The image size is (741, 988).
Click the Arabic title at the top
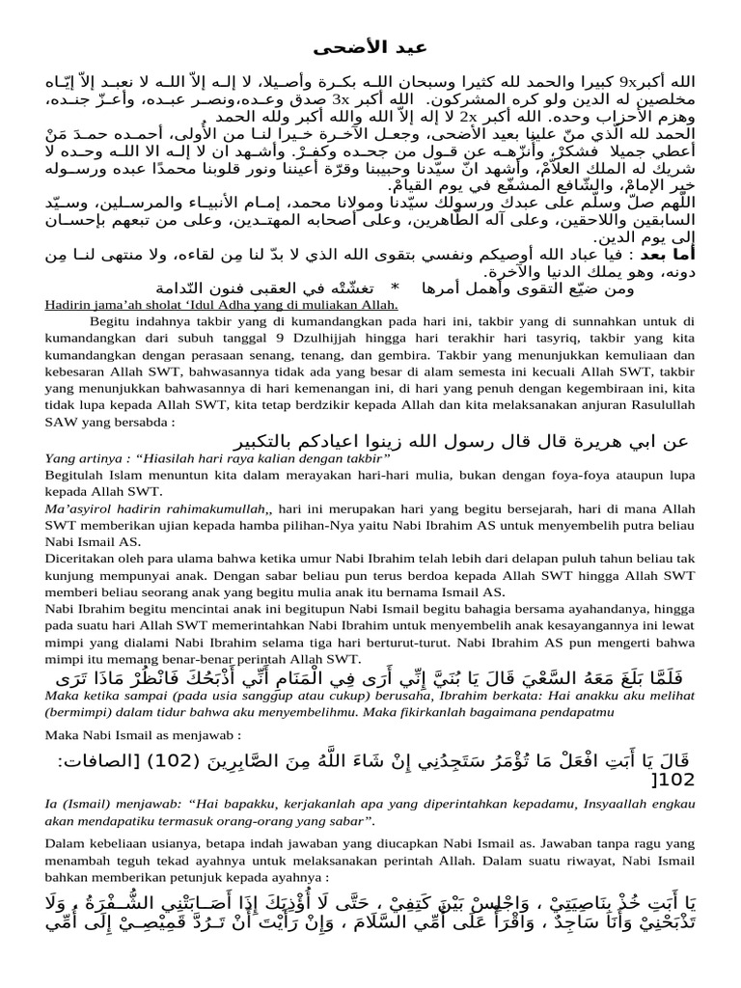pyautogui.click(x=370, y=47)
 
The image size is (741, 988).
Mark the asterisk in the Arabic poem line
pyautogui.click(x=394, y=288)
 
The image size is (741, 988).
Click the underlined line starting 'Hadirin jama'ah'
pyautogui.click(x=221, y=305)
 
